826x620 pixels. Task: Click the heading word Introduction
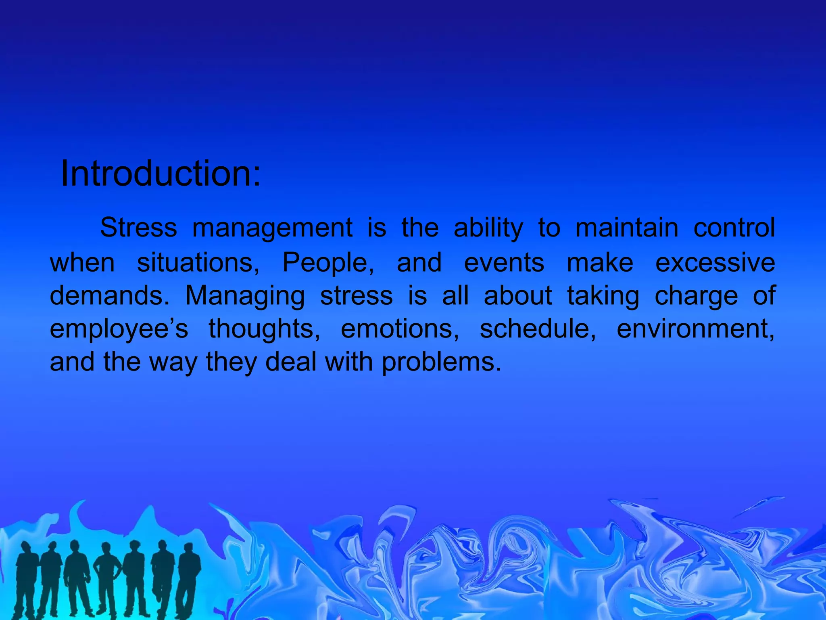pyautogui.click(x=161, y=174)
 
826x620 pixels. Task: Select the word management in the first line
pyautogui.click(x=273, y=228)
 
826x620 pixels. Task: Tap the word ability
pyautogui.click(x=488, y=228)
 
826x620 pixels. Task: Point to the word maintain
pyautogui.click(x=627, y=228)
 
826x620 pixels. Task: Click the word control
pyautogui.click(x=734, y=228)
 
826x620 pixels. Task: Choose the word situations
pyautogui.click(x=198, y=263)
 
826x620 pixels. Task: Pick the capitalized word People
pyautogui.click(x=328, y=263)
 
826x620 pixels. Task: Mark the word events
pyautogui.click(x=504, y=263)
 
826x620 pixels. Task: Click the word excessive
pyautogui.click(x=715, y=263)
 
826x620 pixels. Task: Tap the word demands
pyautogui.click(x=109, y=296)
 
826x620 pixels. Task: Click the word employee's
pyautogui.click(x=119, y=329)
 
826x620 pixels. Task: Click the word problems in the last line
pyautogui.click(x=441, y=362)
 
